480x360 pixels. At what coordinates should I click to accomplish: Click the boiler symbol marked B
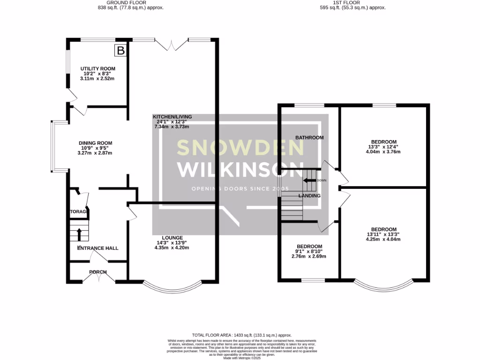(x=121, y=51)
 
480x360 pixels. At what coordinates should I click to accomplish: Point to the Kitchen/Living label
(x=172, y=117)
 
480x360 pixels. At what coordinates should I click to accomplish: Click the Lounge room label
(x=173, y=238)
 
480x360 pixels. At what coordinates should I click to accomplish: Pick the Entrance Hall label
(x=98, y=248)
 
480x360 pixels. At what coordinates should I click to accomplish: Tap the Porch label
(x=98, y=272)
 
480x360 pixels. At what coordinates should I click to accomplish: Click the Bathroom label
(x=309, y=138)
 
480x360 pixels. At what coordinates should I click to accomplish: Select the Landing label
(x=310, y=196)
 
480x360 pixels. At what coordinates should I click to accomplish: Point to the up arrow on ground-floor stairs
(x=79, y=233)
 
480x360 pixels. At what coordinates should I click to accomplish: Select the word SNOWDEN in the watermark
(x=240, y=148)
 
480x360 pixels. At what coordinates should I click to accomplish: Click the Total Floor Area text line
(x=240, y=335)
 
